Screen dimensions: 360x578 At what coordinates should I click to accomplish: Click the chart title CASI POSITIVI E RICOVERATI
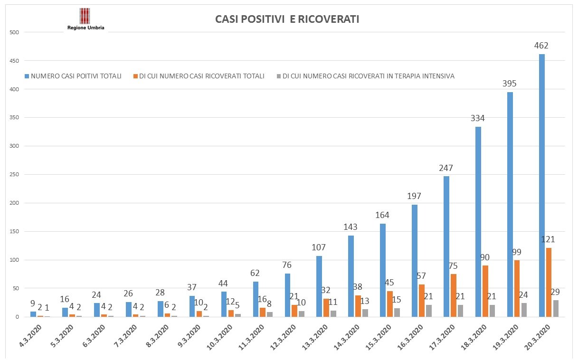pyautogui.click(x=287, y=19)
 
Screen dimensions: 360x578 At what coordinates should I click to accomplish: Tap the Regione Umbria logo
pyautogui.click(x=85, y=19)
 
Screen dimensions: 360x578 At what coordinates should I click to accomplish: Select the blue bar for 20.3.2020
pyautogui.click(x=542, y=185)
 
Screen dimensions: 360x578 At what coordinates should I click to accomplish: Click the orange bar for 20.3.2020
pyautogui.click(x=549, y=282)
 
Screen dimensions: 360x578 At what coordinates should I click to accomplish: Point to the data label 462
pyautogui.click(x=541, y=46)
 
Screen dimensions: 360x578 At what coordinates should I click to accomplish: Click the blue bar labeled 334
pyautogui.click(x=478, y=222)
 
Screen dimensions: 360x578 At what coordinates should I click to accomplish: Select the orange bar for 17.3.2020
pyautogui.click(x=453, y=295)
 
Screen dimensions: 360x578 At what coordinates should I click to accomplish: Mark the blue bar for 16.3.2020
pyautogui.click(x=415, y=261)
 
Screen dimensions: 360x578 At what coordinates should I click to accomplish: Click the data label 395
pyautogui.click(x=510, y=84)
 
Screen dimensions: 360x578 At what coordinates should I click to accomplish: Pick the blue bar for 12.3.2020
pyautogui.click(x=287, y=295)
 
